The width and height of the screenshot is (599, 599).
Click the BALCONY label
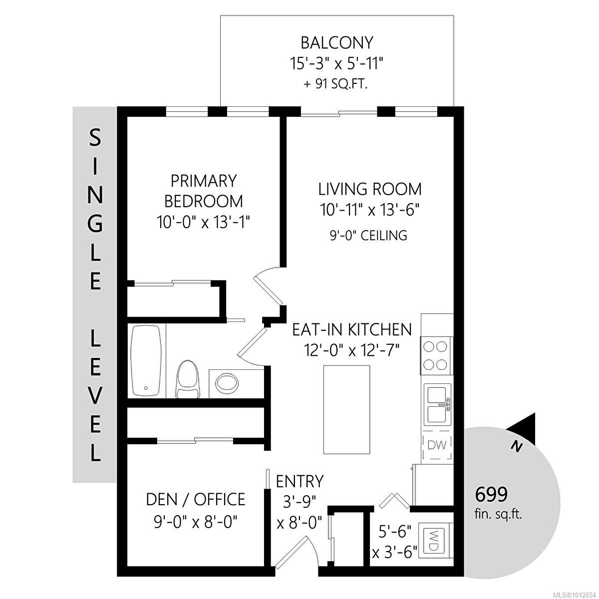coord(337,43)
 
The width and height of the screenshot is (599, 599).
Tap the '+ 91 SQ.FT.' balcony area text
coord(336,84)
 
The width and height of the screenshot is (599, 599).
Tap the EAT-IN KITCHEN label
coord(352,329)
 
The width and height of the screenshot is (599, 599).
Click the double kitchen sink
coord(438,405)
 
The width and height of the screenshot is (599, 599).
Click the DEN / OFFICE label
coord(195,499)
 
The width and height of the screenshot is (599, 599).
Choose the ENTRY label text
coord(299,481)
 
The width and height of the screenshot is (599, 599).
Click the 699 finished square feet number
coord(491,495)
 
